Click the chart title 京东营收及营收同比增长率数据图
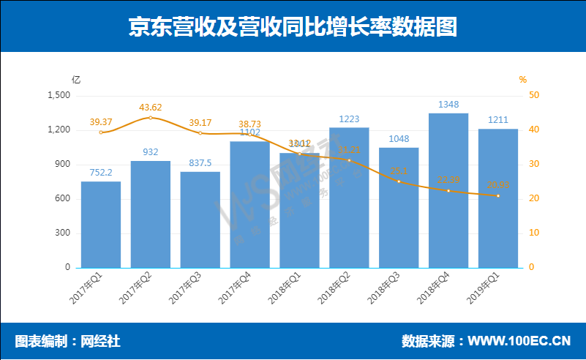pos(293,26)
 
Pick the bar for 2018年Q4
pos(448,190)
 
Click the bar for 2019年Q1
pos(498,198)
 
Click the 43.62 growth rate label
pos(151,107)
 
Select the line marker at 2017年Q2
pos(151,117)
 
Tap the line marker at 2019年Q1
pos(498,195)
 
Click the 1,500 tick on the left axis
pos(58,96)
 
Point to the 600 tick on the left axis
pos(63,199)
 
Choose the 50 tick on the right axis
pos(534,96)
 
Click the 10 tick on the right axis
pos(534,233)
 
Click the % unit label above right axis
pos(522,79)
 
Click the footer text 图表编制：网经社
pos(68,341)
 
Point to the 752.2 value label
pos(101,173)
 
